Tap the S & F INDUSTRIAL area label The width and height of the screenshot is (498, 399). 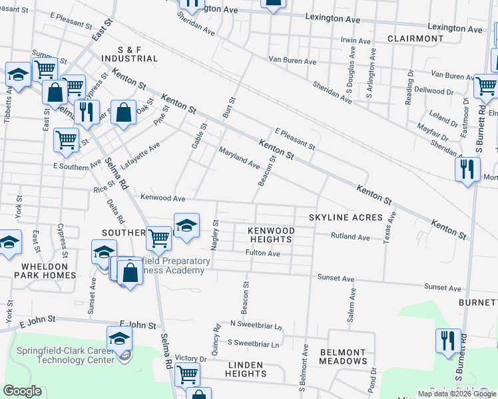click(x=129, y=53)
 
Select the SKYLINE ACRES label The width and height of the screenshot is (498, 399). click(x=345, y=217)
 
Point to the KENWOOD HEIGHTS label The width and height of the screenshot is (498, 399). click(x=270, y=234)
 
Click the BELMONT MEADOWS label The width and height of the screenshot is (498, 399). click(x=343, y=356)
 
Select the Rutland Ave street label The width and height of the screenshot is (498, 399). click(x=351, y=237)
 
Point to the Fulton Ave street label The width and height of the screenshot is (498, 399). click(x=262, y=253)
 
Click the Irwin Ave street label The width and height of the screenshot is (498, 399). click(x=356, y=41)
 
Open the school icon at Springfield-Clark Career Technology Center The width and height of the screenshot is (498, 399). click(x=119, y=340)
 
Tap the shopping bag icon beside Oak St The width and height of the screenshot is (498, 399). click(x=124, y=113)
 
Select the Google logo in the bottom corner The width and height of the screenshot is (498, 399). click(x=22, y=391)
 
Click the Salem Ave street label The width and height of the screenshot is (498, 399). click(x=352, y=305)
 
